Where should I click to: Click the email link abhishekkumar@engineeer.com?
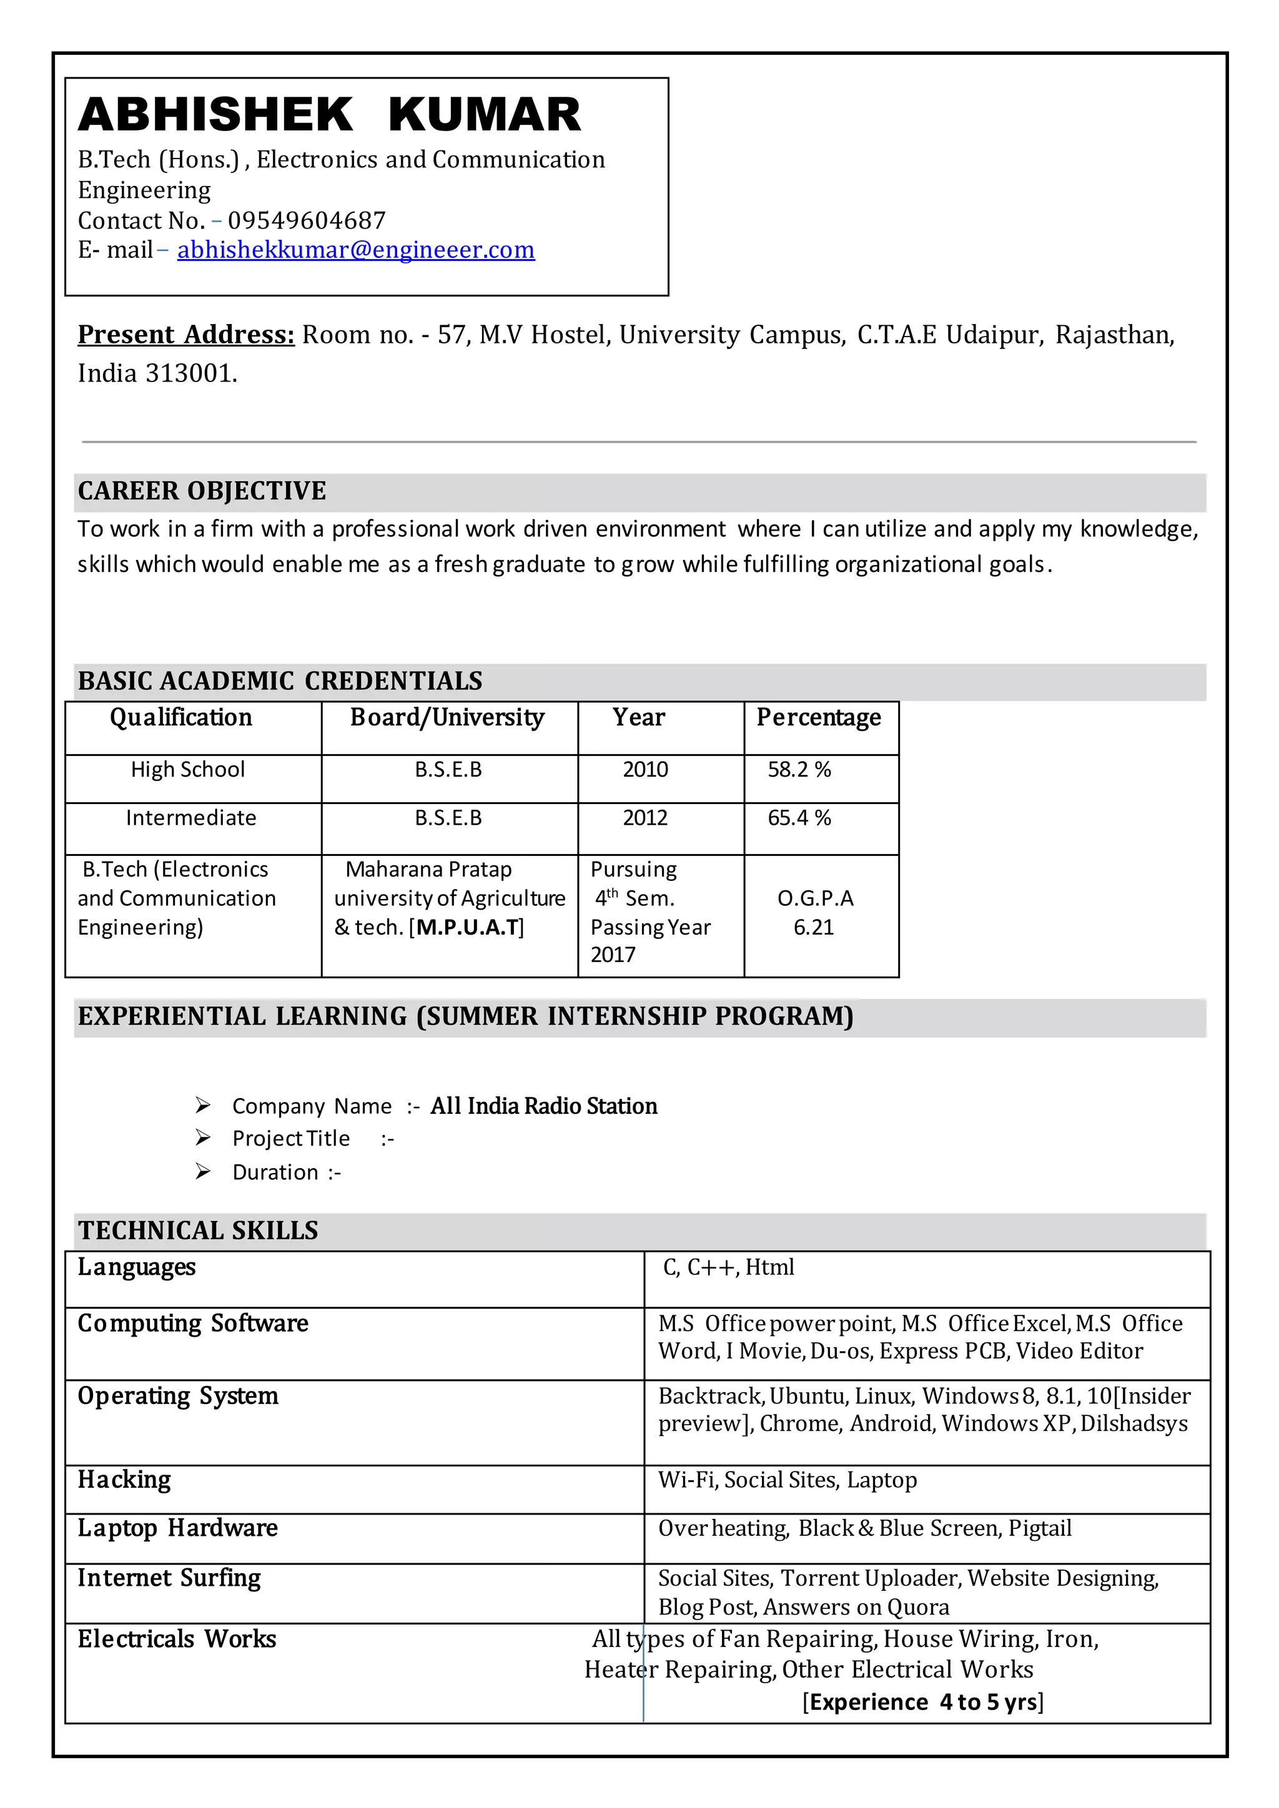pos(355,250)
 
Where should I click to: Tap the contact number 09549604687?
pos(307,220)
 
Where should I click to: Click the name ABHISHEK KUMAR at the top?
pos(329,115)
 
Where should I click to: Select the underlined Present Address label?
pos(186,335)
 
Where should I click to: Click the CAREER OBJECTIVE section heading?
pos(202,491)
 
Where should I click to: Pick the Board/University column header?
pos(447,717)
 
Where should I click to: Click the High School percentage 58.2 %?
pos(799,769)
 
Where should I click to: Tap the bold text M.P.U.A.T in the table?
pos(468,927)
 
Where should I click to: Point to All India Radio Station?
pos(543,1106)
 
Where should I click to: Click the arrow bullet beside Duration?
pos(203,1172)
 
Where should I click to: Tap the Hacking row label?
pos(124,1480)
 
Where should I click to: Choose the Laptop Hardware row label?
pos(177,1528)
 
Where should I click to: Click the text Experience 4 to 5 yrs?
pos(923,1702)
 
